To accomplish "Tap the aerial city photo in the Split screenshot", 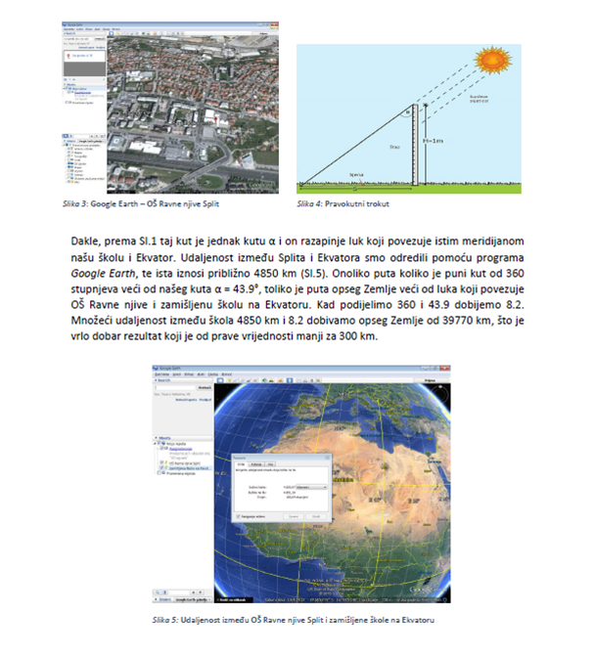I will point(196,108).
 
